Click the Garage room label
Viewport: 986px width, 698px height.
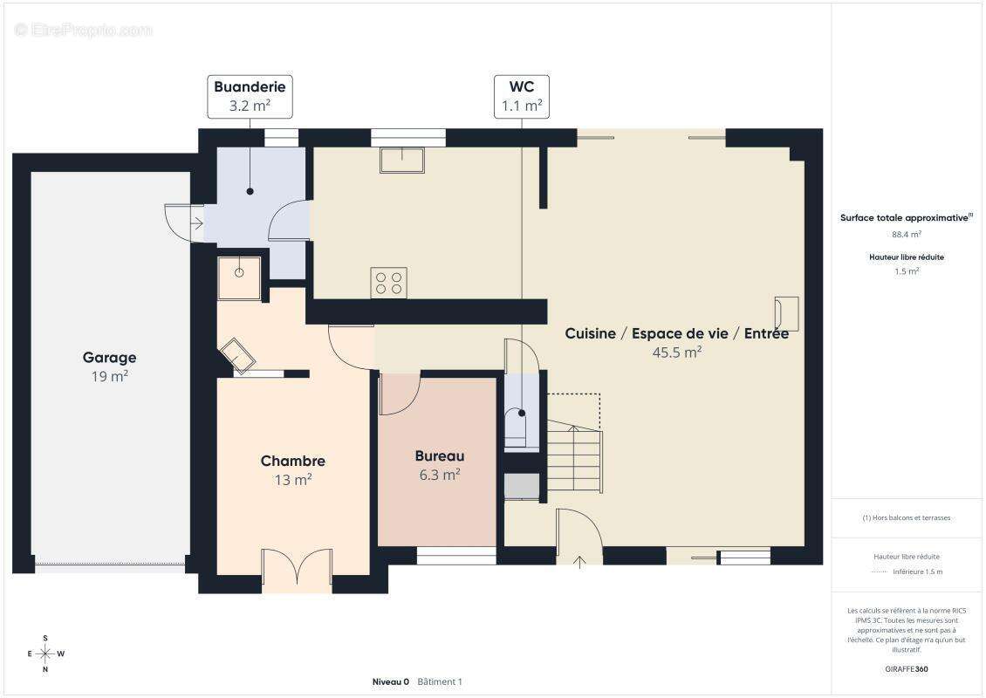coord(109,357)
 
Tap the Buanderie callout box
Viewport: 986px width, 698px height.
coord(250,96)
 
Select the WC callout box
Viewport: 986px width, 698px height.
coord(522,96)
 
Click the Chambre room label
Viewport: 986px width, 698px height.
coord(293,461)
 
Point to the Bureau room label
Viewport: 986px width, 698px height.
coord(440,456)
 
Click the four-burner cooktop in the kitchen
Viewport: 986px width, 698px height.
coord(388,283)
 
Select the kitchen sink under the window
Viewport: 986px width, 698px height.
coord(402,160)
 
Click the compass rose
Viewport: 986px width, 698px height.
coord(45,654)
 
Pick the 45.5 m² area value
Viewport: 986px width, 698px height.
coord(676,352)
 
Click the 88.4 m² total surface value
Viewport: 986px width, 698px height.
coord(907,235)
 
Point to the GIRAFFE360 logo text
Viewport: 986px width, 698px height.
coord(906,669)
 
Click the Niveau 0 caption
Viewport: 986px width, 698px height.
coord(391,681)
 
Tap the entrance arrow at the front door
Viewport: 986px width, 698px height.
coord(579,562)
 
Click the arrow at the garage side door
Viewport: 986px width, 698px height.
coord(197,222)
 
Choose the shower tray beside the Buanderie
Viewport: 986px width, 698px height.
coord(240,277)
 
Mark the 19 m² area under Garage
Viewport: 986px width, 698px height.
coord(109,376)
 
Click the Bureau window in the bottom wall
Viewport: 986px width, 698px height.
coord(456,555)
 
